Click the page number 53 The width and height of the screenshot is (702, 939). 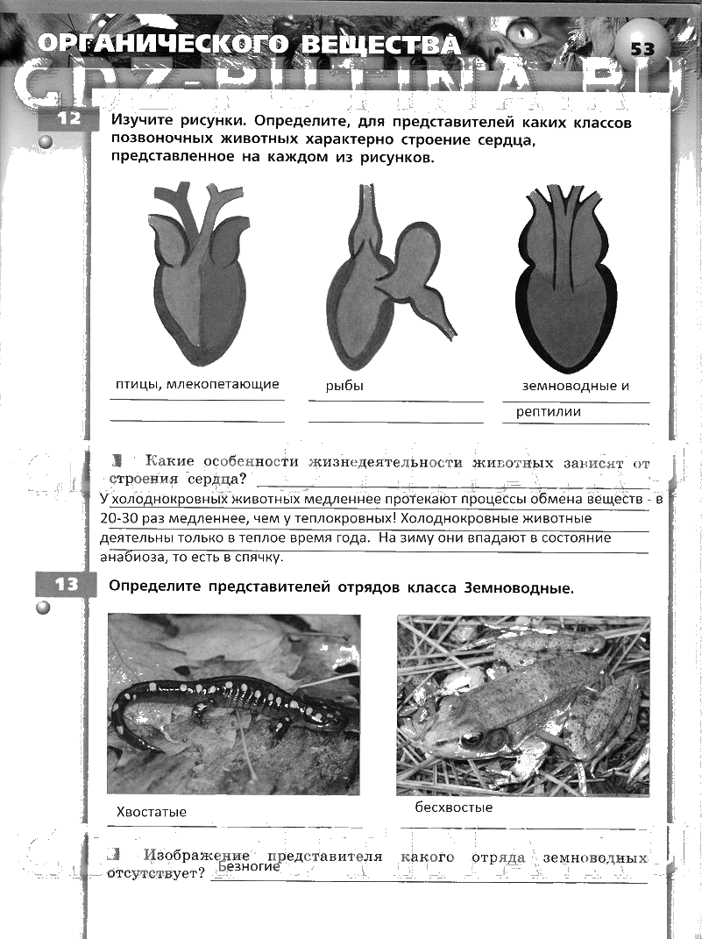pyautogui.click(x=642, y=48)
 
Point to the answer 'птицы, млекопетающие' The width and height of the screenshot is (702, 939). pyautogui.click(x=197, y=384)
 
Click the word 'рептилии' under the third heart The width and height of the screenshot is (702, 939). pyautogui.click(x=549, y=411)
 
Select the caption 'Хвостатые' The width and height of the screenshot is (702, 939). pyautogui.click(x=152, y=812)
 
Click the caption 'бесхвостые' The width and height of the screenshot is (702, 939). pyautogui.click(x=454, y=807)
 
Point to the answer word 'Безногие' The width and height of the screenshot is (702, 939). pyautogui.click(x=249, y=866)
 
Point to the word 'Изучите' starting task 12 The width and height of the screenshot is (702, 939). pyautogui.click(x=144, y=123)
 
